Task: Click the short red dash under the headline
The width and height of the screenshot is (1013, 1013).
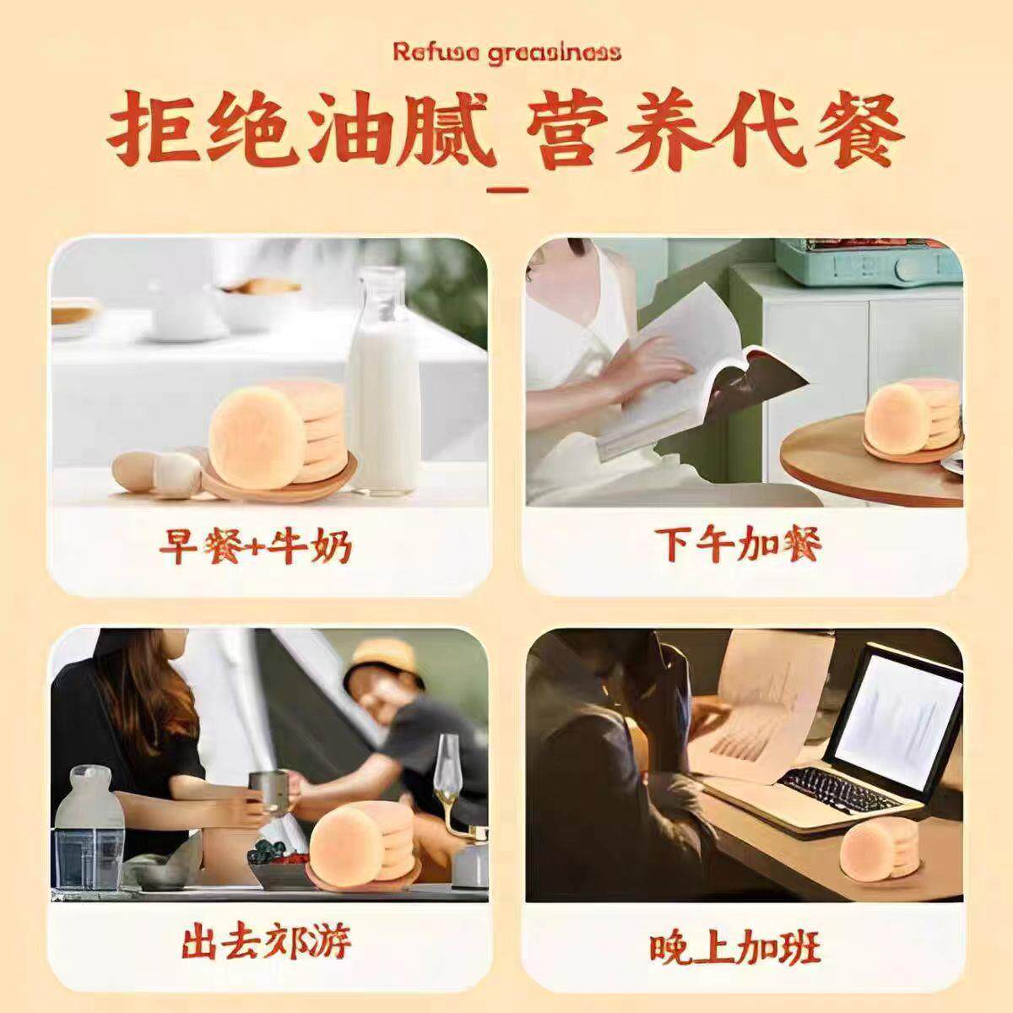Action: pyautogui.click(x=507, y=190)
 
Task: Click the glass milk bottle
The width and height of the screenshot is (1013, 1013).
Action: pyautogui.click(x=383, y=381)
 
